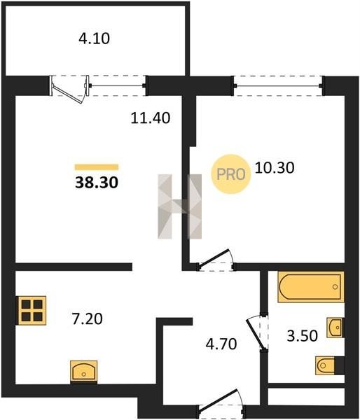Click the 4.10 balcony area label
94,38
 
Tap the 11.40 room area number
151,118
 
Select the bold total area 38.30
97,183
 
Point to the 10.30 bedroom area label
275,168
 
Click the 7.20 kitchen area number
87,318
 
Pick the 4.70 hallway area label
221,344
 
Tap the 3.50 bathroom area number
303,336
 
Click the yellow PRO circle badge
231,174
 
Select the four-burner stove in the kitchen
32,310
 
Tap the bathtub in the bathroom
311,287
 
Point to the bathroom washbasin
335,328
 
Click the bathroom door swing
257,332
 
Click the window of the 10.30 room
278,85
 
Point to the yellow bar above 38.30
97,167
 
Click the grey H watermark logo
179,206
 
